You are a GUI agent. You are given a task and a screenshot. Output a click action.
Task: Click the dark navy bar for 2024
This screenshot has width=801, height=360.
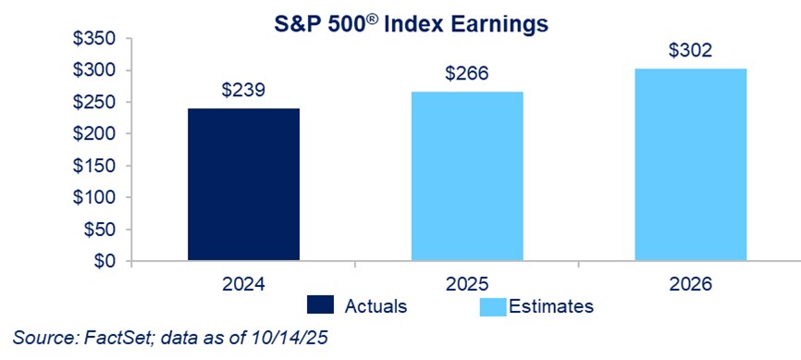pyautogui.click(x=243, y=184)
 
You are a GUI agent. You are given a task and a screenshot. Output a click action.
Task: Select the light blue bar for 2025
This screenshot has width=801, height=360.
pyautogui.click(x=467, y=177)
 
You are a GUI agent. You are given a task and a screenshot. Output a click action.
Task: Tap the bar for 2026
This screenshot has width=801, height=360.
pyautogui.click(x=691, y=165)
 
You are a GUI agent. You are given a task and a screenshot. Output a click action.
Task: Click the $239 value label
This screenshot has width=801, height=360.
pyautogui.click(x=243, y=91)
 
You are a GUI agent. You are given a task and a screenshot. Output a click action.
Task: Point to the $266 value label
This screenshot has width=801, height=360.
pyautogui.click(x=467, y=74)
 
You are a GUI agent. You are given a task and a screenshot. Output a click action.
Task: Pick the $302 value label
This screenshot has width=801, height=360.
pyautogui.click(x=691, y=51)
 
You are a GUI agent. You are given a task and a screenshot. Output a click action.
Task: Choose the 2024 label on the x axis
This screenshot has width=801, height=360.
pyautogui.click(x=243, y=284)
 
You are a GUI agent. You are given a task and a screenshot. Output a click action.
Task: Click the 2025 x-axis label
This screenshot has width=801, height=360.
pyautogui.click(x=467, y=284)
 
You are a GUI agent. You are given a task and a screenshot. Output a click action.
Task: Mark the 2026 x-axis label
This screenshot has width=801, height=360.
pyautogui.click(x=690, y=284)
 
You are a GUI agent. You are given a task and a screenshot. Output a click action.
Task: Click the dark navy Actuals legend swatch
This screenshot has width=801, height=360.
pyautogui.click(x=320, y=304)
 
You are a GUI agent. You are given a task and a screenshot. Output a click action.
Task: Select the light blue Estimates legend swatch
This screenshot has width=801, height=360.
pyautogui.click(x=493, y=305)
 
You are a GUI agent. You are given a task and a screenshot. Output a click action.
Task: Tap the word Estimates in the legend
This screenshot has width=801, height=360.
pyautogui.click(x=551, y=305)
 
